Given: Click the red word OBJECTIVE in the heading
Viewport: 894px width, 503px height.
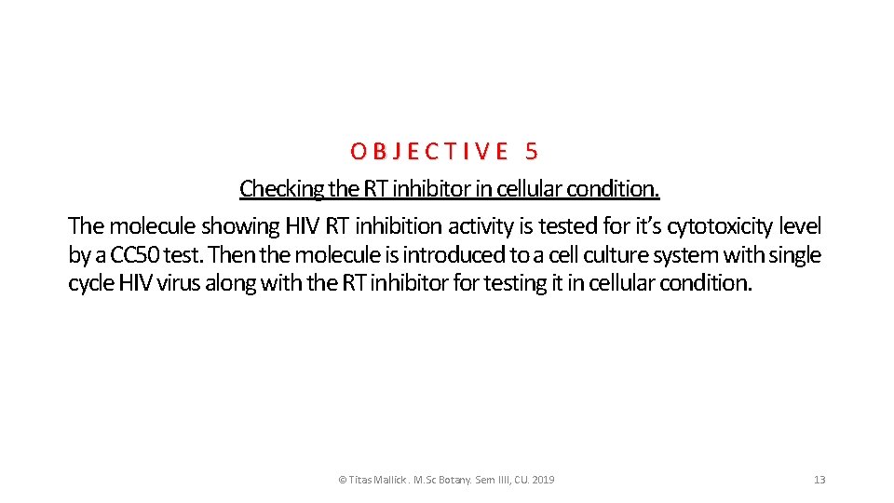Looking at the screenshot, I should pyautogui.click(x=429, y=151).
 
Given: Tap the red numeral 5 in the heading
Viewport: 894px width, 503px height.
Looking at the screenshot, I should pyautogui.click(x=531, y=151).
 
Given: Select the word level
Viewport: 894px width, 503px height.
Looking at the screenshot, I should pyautogui.click(x=801, y=226).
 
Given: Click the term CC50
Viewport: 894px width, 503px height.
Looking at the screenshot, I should pyautogui.click(x=134, y=255).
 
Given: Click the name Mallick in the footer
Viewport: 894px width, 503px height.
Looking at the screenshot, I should pyautogui.click(x=388, y=480).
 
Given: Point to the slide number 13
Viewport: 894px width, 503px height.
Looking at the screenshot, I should pyautogui.click(x=819, y=480).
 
